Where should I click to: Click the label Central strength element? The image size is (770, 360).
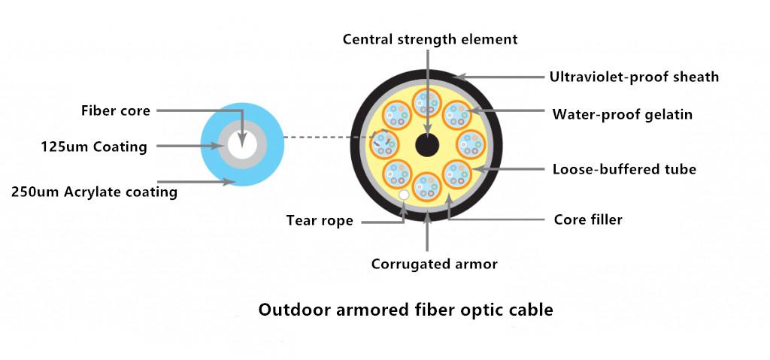[x=430, y=39]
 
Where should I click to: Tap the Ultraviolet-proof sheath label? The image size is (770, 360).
[x=634, y=77]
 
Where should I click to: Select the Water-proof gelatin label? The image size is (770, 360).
[x=622, y=115]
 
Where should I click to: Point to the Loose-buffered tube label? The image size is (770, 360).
[x=624, y=169]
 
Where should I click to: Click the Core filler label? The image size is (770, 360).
[x=588, y=220]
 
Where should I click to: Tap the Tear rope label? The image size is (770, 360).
[x=320, y=221]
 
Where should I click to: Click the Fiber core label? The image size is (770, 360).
[x=116, y=111]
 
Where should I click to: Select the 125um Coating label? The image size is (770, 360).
[x=94, y=147]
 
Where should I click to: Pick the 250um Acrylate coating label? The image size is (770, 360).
[x=95, y=192]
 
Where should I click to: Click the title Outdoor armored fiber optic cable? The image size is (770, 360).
[x=405, y=310]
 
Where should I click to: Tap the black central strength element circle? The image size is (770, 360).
[x=427, y=144]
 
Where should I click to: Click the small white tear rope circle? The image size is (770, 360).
[x=404, y=195]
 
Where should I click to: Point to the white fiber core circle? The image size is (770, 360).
[x=242, y=145]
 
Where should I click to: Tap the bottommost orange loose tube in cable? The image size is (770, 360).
[x=426, y=186]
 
